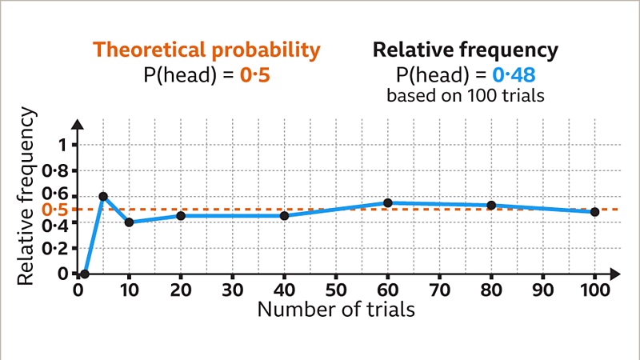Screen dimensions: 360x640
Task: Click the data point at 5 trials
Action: click(x=103, y=196)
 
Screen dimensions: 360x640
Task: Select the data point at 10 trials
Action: click(x=129, y=222)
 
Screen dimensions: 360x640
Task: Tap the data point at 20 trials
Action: click(x=181, y=216)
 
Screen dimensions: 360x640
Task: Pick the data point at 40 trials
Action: click(x=284, y=216)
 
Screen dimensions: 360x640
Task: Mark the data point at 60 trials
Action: click(x=388, y=203)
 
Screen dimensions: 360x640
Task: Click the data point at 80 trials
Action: click(x=491, y=206)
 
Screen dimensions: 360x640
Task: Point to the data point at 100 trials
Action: click(x=594, y=212)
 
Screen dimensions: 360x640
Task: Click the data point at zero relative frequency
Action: click(x=84, y=274)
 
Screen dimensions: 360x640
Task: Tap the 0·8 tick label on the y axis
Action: click(x=58, y=170)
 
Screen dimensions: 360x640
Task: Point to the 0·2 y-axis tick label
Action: click(x=58, y=248)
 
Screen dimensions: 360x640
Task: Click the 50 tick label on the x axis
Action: click(x=336, y=289)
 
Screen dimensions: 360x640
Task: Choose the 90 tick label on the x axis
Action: click(x=543, y=289)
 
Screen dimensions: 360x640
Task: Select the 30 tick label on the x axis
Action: click(x=233, y=289)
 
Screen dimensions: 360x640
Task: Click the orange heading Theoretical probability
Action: click(x=206, y=50)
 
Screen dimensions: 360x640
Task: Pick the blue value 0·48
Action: click(x=514, y=75)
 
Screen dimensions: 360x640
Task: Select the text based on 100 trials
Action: click(x=466, y=96)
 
